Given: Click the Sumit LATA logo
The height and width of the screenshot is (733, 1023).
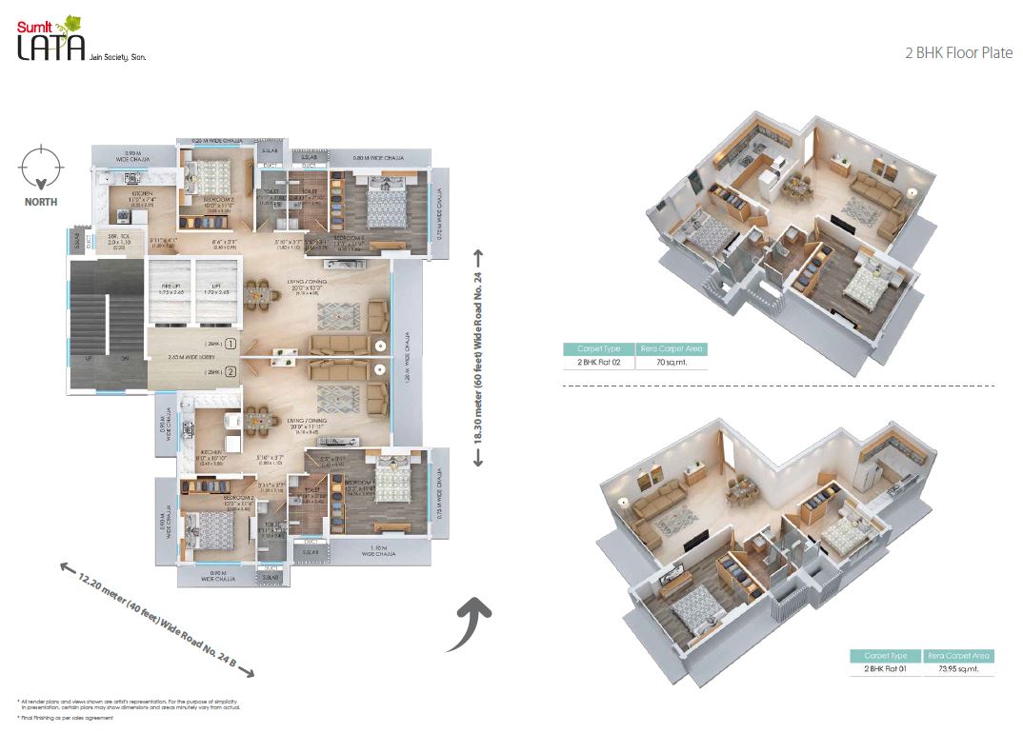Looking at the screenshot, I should (x=52, y=43).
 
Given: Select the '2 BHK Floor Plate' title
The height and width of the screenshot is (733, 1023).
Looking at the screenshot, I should (x=957, y=53).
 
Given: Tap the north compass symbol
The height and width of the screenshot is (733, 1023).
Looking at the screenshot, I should (x=41, y=168).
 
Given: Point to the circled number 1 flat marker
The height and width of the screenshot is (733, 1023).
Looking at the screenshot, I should (x=231, y=345).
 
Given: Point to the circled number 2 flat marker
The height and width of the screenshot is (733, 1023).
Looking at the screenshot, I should (x=231, y=371).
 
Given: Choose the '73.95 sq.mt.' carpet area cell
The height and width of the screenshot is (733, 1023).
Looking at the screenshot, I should (x=960, y=669).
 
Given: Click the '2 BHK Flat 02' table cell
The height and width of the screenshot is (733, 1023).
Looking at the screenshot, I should (x=598, y=363).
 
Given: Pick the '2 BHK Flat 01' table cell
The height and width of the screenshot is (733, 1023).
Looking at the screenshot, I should (x=885, y=669).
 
